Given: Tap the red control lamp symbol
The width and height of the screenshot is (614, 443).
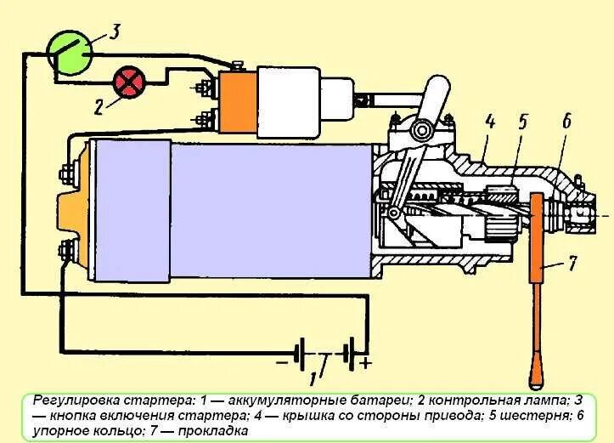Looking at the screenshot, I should pyautogui.click(x=130, y=83).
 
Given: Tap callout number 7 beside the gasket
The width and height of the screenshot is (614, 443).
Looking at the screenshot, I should pyautogui.click(x=572, y=264).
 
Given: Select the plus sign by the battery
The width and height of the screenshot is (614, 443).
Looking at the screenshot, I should pyautogui.click(x=367, y=366).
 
